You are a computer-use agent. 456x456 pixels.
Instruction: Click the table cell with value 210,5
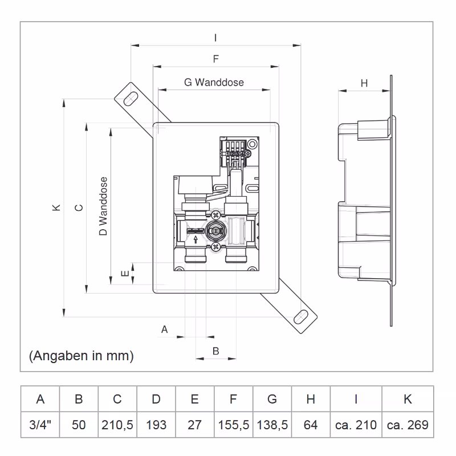[x=117, y=425]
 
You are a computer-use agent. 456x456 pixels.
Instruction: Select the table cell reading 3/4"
[x=40, y=425]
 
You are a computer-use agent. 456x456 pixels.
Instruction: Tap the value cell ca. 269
[x=408, y=425]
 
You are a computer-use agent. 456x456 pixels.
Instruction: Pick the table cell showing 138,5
[x=272, y=425]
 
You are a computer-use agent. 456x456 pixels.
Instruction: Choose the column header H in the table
[x=311, y=399]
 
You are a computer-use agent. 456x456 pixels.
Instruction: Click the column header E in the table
[x=194, y=399]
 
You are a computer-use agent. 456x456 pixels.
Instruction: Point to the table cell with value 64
[x=311, y=425]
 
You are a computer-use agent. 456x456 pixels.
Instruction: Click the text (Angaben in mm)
[x=81, y=356]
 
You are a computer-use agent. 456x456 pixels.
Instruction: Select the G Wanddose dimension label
[x=214, y=82]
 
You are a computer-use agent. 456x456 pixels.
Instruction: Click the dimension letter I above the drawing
[x=215, y=38]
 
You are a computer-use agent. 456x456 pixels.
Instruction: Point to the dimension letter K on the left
[x=56, y=208]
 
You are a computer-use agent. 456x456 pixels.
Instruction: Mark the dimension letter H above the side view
[x=364, y=83]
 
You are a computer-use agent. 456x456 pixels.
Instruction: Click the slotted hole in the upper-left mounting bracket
[x=131, y=98]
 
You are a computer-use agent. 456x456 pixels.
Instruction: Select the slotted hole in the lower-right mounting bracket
[x=300, y=316]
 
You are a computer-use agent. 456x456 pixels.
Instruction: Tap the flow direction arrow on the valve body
[x=194, y=231]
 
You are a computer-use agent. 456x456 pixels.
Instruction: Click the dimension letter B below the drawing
[x=215, y=351]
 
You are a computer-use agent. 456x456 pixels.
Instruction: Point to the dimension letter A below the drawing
[x=165, y=329]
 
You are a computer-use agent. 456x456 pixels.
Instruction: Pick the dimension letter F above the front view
[x=215, y=59]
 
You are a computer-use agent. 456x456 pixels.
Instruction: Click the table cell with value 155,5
[x=233, y=425]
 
